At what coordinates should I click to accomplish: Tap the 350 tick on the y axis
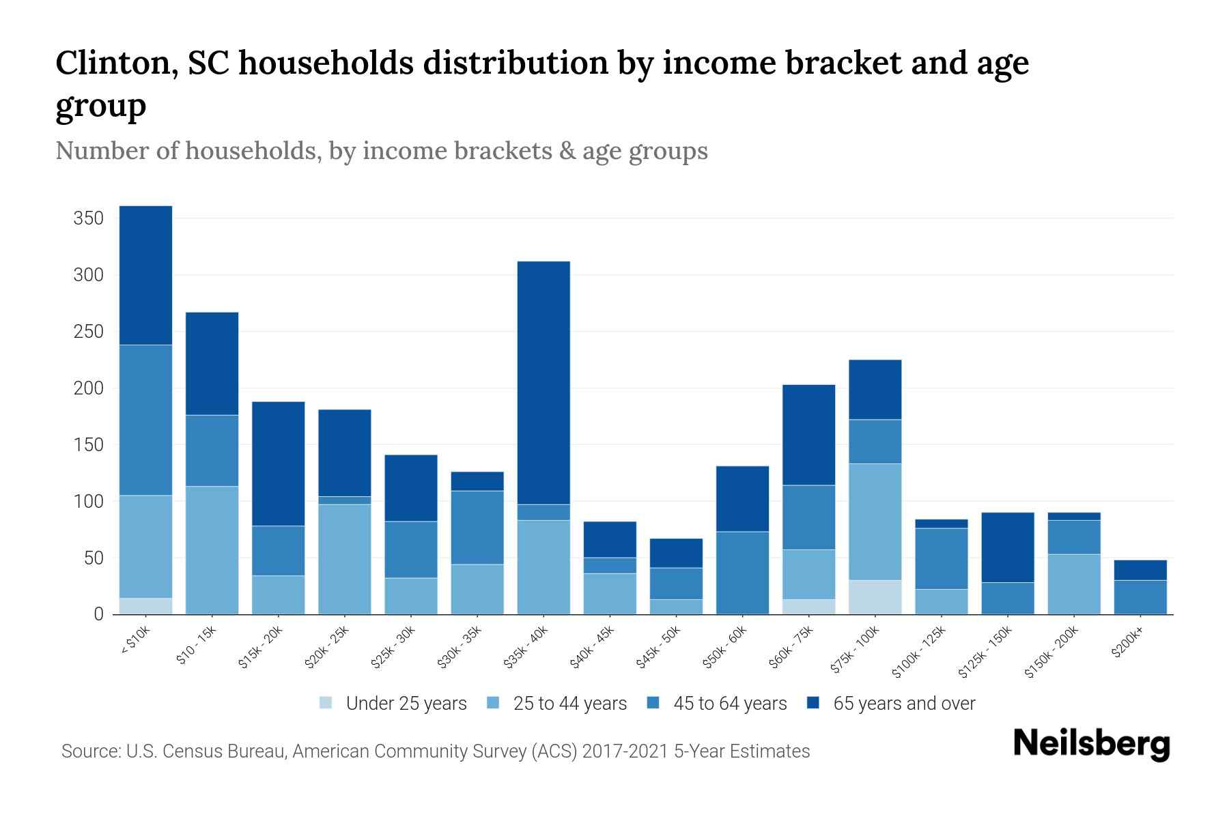click(x=88, y=218)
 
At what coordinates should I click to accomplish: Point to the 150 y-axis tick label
click(x=88, y=445)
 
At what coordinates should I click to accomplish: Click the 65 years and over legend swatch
click(x=814, y=703)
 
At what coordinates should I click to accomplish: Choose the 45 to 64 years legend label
click(x=730, y=703)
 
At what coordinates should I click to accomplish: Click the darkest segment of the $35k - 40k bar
click(x=543, y=382)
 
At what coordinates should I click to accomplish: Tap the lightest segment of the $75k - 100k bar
click(x=875, y=597)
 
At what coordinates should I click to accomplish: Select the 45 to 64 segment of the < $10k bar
click(x=145, y=420)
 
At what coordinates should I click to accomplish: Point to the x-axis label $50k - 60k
click(x=726, y=648)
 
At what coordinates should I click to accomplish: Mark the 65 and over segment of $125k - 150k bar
click(x=1007, y=547)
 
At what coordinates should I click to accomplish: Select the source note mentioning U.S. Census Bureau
click(x=435, y=751)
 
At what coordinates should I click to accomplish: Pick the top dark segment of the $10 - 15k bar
click(x=212, y=363)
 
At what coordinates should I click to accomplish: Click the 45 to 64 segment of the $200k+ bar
click(x=1140, y=597)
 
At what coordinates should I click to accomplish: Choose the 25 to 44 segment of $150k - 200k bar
click(x=1073, y=584)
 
